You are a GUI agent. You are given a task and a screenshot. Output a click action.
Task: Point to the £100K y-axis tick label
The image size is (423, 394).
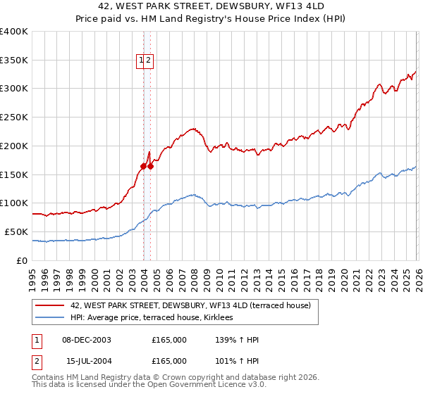point(14,203)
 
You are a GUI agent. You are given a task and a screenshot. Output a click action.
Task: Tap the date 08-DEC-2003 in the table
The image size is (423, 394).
point(87,340)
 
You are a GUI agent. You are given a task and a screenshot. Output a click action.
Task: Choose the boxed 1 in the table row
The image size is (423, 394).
point(35,340)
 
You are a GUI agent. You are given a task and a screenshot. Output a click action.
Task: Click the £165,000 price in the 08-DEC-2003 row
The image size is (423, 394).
point(169,340)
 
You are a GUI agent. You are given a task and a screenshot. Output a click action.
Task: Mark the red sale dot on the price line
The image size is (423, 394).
point(143,166)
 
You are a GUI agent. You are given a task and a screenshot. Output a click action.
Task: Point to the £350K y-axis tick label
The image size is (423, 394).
point(14,61)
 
